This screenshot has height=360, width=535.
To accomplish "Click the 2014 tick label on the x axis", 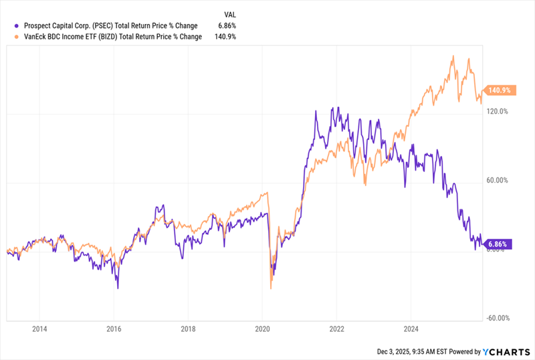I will [39, 329].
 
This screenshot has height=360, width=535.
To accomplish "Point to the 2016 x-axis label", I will [114, 329].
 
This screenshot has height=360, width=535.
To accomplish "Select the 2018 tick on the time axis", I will [189, 329].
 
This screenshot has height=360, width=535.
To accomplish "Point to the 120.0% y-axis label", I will [498, 111].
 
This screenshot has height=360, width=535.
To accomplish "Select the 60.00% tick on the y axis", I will [498, 180].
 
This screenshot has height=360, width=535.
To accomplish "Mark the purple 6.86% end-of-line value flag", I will [498, 244].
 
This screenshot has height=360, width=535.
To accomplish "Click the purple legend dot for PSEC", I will [7, 26].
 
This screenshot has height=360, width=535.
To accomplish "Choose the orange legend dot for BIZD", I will [7, 37].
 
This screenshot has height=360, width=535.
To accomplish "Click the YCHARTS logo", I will [506, 351].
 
